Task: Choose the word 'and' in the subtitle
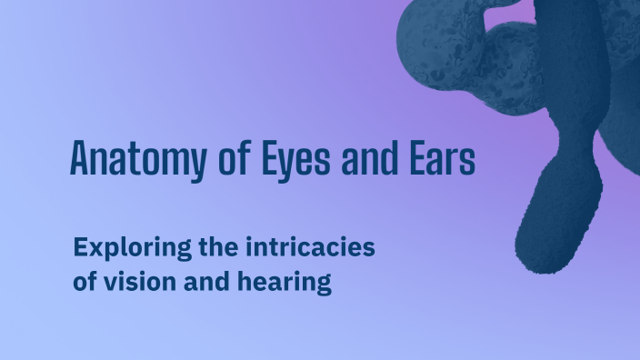click(204, 282)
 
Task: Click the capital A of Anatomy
click(79, 158)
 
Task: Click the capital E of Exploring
click(80, 246)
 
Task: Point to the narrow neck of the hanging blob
click(575, 145)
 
